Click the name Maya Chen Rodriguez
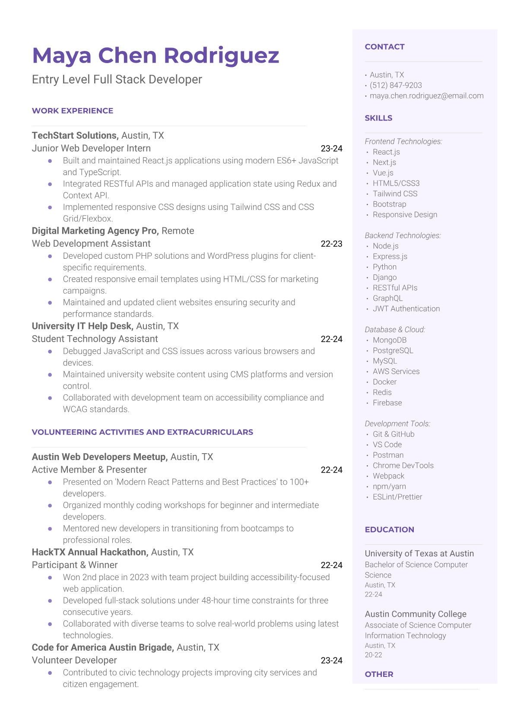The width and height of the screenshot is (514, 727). [x=155, y=56]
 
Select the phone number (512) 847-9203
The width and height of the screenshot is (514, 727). [x=396, y=85]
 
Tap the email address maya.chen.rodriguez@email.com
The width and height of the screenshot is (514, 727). [x=426, y=95]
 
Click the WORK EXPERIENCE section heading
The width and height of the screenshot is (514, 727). [x=73, y=111]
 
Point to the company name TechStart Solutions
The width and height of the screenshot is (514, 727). [x=75, y=136]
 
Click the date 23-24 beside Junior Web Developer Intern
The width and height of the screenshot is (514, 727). [x=331, y=149]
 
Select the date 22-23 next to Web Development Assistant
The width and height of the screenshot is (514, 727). [x=331, y=244]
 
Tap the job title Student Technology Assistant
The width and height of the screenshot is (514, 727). [x=95, y=339]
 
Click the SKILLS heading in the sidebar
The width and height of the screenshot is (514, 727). [x=378, y=118]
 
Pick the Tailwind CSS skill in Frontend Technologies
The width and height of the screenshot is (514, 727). [x=395, y=194]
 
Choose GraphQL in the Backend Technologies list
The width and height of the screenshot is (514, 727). [x=387, y=298]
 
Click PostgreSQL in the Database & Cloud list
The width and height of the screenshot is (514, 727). [x=393, y=350]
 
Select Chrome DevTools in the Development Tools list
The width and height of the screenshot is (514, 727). [x=403, y=465]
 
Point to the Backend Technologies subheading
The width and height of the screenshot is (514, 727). [x=403, y=235]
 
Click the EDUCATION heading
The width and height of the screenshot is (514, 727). [x=389, y=530]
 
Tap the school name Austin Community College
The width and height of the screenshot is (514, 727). [x=416, y=614]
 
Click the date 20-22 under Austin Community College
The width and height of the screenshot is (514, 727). [x=373, y=655]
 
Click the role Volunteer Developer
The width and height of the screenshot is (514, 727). [x=74, y=660]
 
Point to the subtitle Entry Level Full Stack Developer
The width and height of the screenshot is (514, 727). [x=117, y=79]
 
